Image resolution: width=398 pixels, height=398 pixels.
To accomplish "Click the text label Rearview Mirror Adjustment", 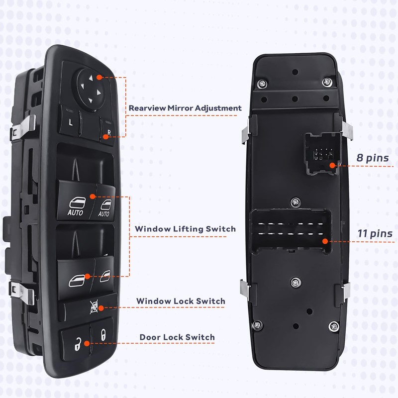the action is [185, 108].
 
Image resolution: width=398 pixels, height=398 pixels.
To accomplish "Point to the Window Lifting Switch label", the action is [185, 229].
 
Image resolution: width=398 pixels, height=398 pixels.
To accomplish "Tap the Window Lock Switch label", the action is [181, 301].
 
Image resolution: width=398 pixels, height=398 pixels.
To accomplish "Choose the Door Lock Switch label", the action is [177, 337].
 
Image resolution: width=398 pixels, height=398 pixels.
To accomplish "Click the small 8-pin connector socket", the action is [321, 153].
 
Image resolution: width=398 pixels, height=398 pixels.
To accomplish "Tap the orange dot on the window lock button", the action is [101, 308].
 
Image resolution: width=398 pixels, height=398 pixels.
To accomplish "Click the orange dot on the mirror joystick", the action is [99, 78].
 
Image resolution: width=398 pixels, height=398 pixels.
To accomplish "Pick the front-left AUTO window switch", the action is [76, 204].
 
